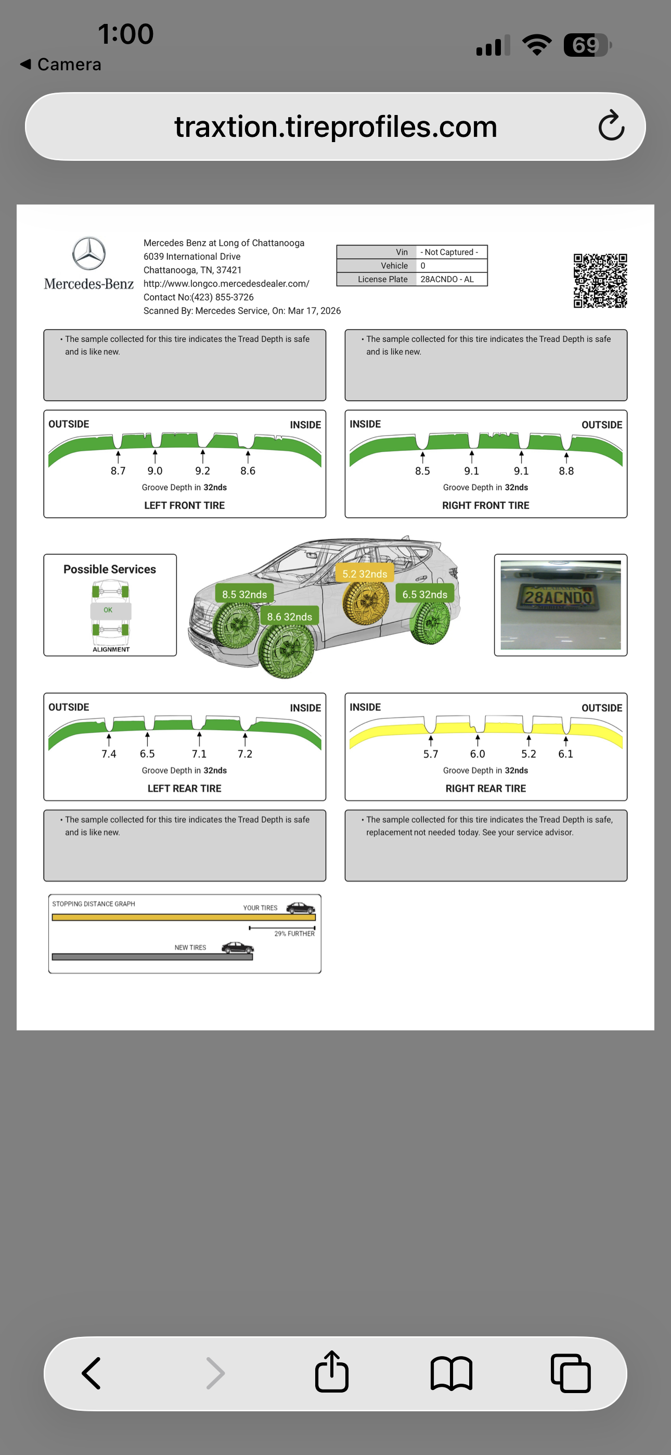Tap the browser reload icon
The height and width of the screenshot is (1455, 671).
(x=611, y=126)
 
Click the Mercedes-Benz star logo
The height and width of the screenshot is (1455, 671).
(x=88, y=253)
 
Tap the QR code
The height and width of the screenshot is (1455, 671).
(x=600, y=280)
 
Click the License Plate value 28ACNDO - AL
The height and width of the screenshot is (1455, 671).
(x=447, y=279)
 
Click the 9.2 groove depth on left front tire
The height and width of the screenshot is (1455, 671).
(x=202, y=471)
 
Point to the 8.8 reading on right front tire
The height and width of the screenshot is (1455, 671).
(x=566, y=471)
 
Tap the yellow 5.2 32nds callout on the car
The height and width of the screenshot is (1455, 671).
(x=364, y=574)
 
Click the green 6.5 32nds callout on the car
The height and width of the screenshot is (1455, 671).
(x=425, y=594)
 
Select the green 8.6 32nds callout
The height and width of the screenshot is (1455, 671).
(x=289, y=617)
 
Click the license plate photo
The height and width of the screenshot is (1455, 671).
(x=560, y=605)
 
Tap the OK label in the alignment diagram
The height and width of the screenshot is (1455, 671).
(x=108, y=610)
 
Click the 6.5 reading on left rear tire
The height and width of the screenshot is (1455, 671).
(x=147, y=754)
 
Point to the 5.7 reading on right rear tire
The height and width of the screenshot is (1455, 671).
(x=430, y=754)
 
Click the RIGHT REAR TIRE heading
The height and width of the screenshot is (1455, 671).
(x=485, y=788)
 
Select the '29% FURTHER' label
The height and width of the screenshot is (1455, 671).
(x=294, y=934)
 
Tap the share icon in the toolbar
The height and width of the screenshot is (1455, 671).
(x=331, y=1373)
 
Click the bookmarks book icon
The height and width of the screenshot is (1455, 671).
(x=451, y=1374)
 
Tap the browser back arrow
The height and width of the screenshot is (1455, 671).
(x=92, y=1373)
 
